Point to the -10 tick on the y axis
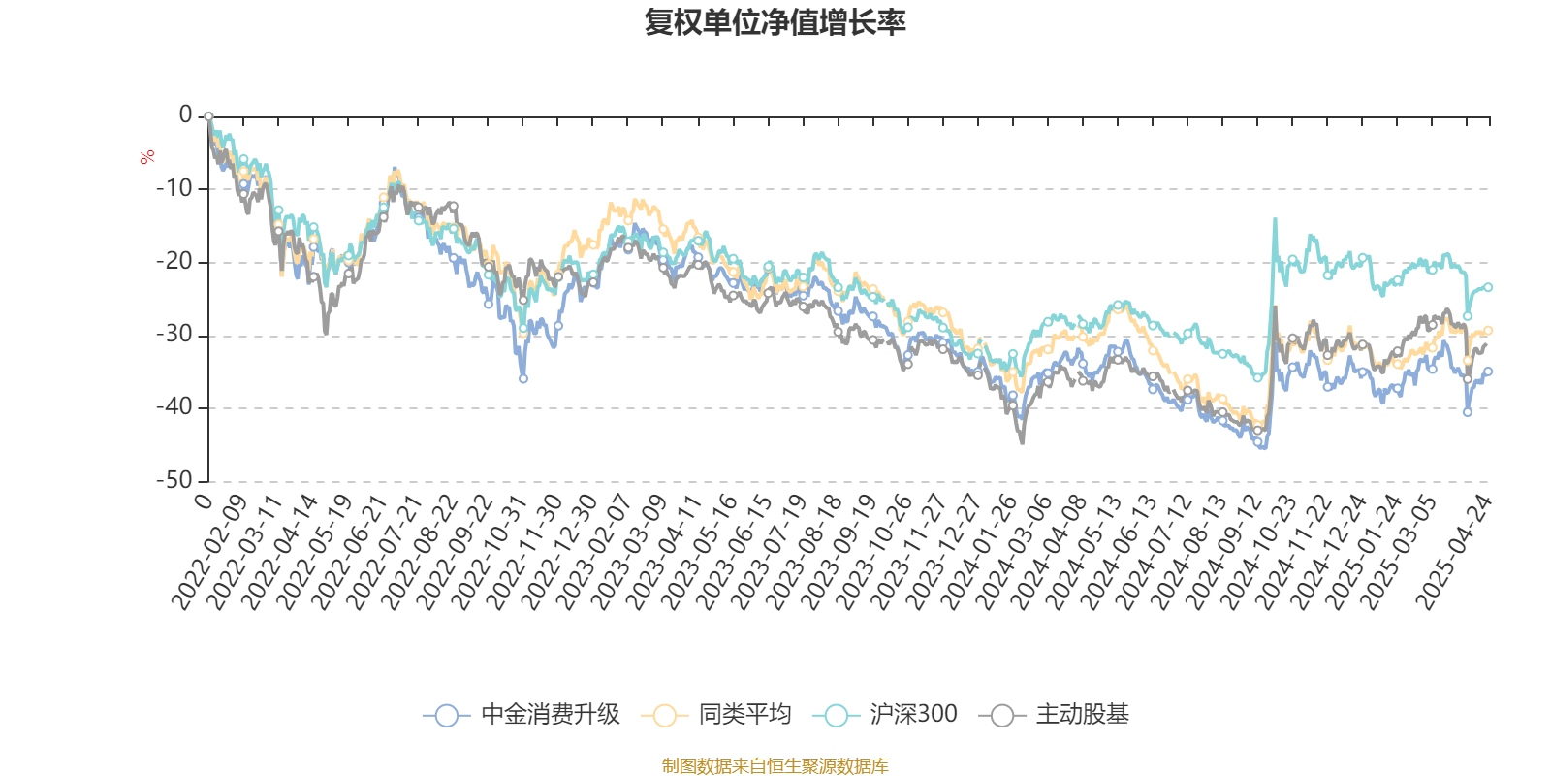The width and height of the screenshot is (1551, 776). click(174, 189)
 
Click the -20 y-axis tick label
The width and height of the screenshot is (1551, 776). click(174, 262)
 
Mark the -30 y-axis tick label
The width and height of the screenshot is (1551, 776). click(174, 336)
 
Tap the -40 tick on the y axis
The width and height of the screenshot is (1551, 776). click(174, 408)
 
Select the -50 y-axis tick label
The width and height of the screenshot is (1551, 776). click(174, 481)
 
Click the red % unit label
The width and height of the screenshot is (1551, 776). click(147, 157)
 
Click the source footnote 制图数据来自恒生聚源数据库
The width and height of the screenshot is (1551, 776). click(775, 766)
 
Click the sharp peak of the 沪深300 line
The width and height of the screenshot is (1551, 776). click(1275, 219)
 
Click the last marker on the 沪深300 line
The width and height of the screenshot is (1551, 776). click(1488, 287)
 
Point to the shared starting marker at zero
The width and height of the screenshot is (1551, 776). click(208, 116)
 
